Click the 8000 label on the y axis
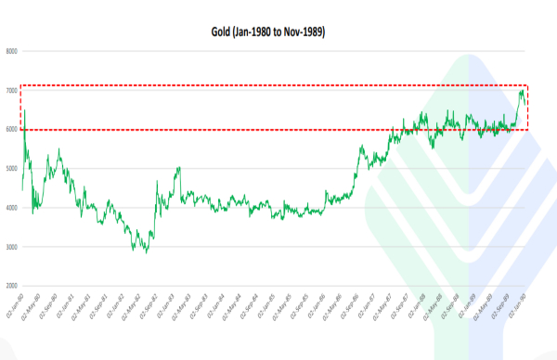12,52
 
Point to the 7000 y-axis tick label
12,91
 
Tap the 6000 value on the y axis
12,130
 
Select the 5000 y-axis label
12,169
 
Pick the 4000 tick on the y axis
12,208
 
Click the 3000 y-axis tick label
12,247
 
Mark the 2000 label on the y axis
12,286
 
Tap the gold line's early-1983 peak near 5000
177,168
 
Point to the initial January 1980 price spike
24,110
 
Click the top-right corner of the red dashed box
528,85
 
